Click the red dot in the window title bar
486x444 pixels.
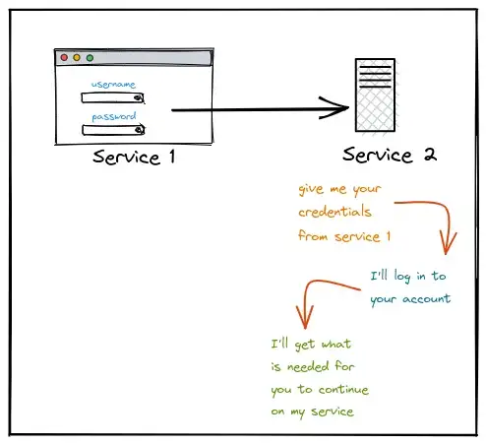click(64, 58)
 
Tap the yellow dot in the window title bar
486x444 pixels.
click(77, 58)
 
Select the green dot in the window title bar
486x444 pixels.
click(90, 58)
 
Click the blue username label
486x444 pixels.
click(113, 85)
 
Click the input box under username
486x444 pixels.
click(113, 97)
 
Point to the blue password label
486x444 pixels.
click(114, 116)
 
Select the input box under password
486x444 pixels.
click(113, 130)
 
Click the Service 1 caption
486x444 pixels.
click(134, 157)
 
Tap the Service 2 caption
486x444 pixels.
click(390, 155)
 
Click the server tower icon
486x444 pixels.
click(375, 95)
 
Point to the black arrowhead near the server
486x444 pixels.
click(334, 107)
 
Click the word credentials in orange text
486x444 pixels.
click(334, 212)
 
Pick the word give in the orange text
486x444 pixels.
click(311, 189)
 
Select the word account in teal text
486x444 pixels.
click(427, 299)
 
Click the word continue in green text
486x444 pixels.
click(343, 389)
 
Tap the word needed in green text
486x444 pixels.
click(308, 366)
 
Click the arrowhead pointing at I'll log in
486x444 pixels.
click(446, 243)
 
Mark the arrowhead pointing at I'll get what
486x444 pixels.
click(305, 317)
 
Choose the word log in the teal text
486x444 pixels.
click(402, 277)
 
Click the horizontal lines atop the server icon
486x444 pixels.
click(375, 77)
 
